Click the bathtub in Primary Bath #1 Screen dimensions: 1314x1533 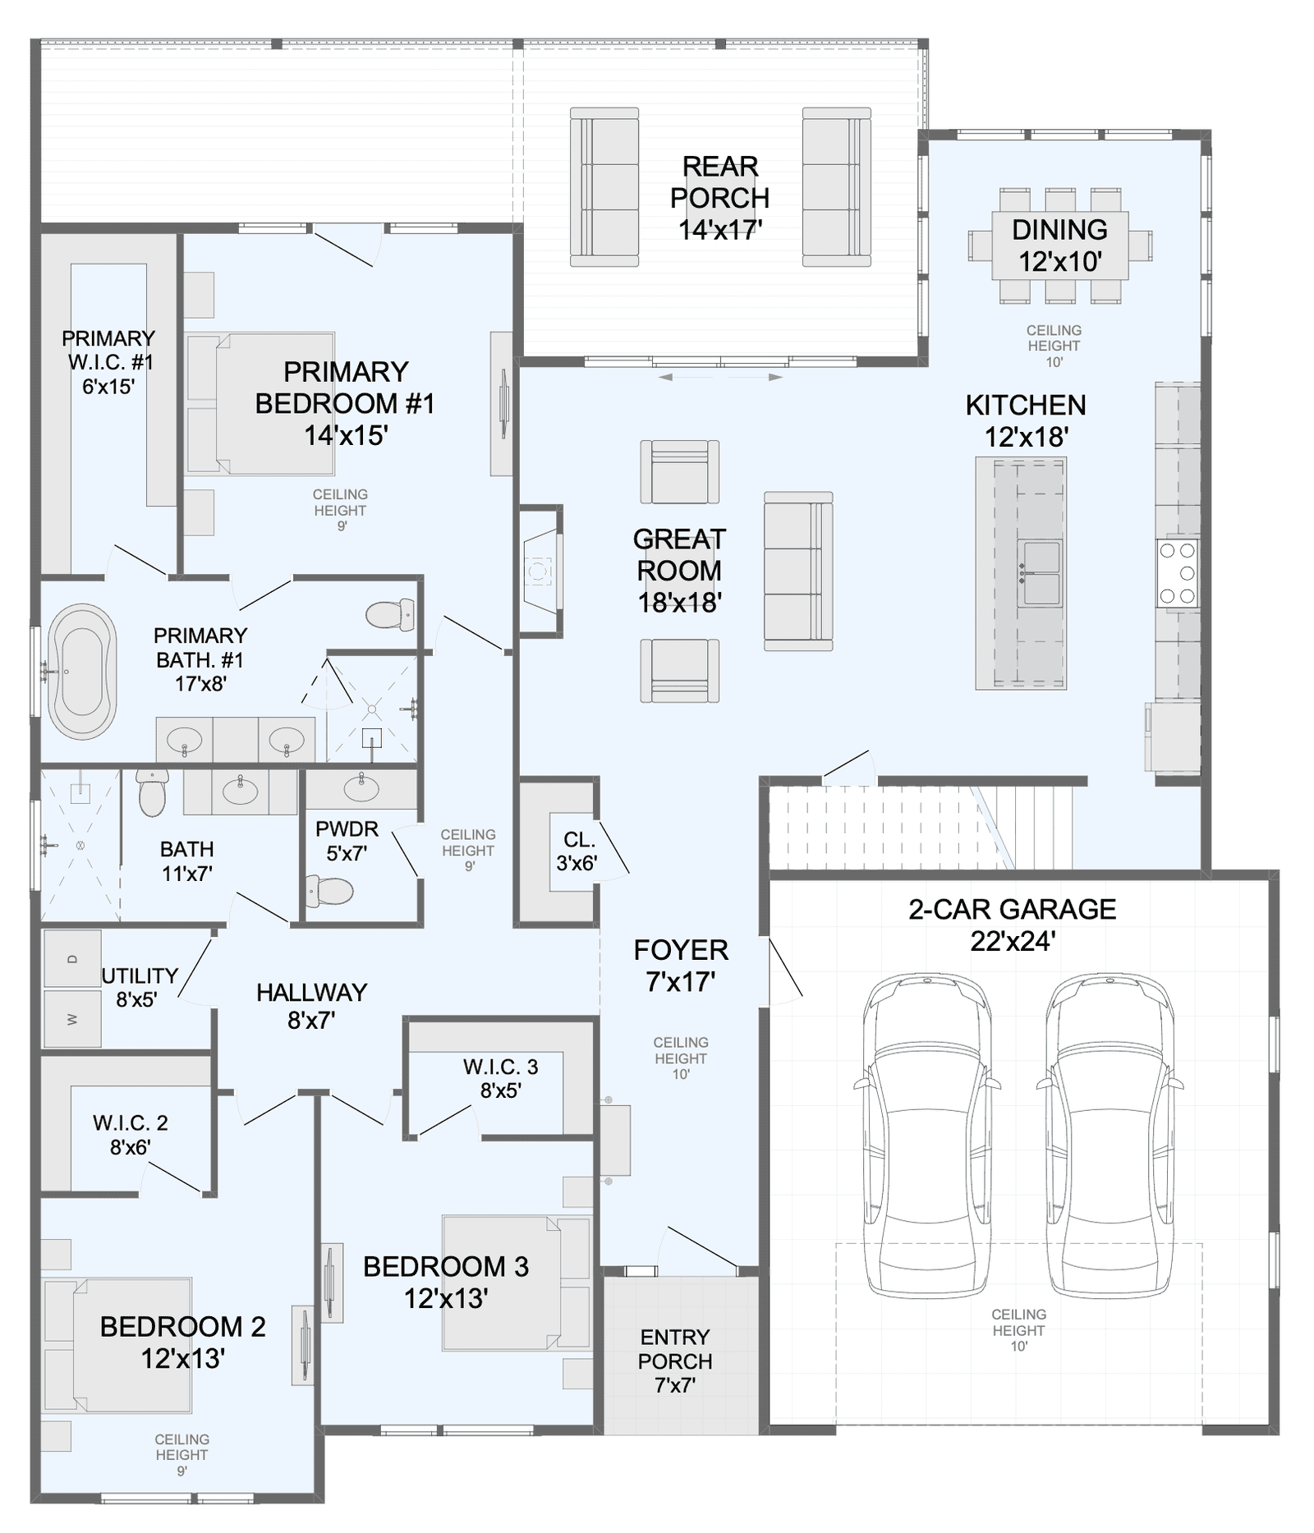coord(82,671)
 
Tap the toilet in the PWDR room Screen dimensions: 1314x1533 coord(329,890)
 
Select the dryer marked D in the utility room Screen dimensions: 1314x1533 coord(72,958)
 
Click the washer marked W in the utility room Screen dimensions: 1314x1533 coord(72,1018)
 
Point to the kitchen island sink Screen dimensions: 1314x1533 coord(1040,573)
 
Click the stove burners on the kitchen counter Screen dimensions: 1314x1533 coord(1178,573)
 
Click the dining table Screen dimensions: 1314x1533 coord(1060,246)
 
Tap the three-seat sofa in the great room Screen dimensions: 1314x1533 coord(798,571)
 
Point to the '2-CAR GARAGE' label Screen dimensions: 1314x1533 coord(1012,909)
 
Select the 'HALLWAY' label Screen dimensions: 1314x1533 coord(311,993)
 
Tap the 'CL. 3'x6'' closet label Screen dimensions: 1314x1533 coord(577,851)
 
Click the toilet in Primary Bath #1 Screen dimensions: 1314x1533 coord(389,614)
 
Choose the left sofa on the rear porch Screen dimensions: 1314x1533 coord(604,187)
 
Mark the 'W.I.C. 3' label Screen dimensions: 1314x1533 coord(500,1067)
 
